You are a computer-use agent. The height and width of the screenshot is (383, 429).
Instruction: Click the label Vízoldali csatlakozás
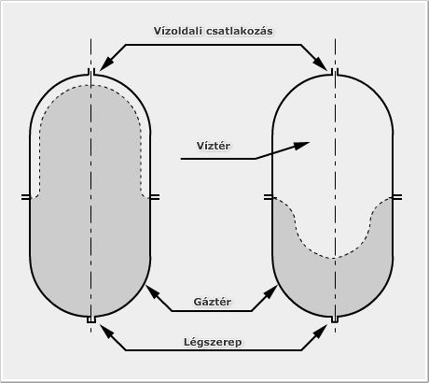214,31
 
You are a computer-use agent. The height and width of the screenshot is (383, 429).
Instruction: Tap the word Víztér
214,146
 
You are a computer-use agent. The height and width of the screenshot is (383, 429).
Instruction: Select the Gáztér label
213,302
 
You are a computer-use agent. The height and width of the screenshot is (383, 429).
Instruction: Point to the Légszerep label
213,342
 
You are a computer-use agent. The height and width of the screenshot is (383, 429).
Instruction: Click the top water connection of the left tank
91,72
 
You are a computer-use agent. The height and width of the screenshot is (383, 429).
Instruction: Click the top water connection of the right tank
335,72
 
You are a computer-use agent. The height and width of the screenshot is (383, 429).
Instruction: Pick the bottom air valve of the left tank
91,319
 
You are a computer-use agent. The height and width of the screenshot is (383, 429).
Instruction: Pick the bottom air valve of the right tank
335,319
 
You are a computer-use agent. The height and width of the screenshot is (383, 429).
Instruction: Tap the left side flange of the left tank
26,197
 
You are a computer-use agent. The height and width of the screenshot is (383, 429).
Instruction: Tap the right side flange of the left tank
155,197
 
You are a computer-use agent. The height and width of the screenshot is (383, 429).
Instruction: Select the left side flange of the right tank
269,197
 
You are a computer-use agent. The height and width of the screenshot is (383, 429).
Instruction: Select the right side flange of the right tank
397,197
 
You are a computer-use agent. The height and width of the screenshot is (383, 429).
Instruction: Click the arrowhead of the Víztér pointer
302,146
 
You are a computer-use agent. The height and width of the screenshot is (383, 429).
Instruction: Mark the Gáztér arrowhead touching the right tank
272,291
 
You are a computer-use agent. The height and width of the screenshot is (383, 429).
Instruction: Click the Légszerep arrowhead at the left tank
105,331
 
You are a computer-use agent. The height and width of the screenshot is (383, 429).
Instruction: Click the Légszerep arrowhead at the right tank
321,331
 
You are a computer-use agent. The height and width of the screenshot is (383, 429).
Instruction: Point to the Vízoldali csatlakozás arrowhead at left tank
105,64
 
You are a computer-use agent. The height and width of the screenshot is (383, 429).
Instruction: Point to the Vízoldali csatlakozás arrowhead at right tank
320,64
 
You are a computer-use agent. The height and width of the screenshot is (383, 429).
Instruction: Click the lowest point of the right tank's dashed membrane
333,258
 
